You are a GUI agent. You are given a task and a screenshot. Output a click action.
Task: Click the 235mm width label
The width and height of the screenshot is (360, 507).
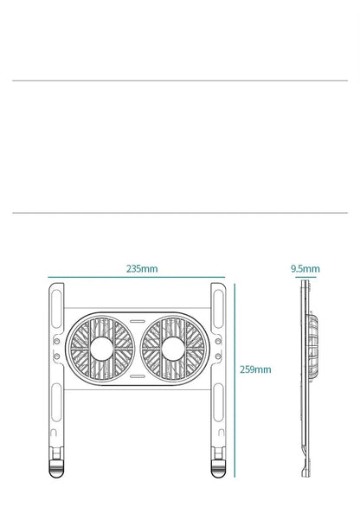point(142,269)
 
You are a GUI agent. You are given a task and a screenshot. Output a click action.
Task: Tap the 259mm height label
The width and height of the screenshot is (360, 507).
point(255,369)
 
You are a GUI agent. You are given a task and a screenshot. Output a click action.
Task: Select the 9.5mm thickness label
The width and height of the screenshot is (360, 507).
point(305,269)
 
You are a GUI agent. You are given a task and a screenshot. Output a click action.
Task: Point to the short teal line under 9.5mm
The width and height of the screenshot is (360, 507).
point(305,278)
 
